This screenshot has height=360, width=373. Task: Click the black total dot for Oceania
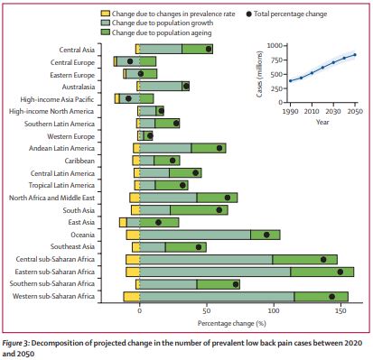click(x=266, y=235)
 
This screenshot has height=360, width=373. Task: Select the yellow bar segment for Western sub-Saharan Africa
click(x=132, y=297)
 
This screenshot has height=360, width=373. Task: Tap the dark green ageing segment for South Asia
click(x=199, y=210)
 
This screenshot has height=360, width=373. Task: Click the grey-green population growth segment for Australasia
click(x=161, y=87)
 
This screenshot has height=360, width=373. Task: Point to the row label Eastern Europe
click(x=72, y=75)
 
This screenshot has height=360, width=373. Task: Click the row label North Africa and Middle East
click(x=51, y=198)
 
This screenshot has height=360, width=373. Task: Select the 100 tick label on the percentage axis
click(x=274, y=310)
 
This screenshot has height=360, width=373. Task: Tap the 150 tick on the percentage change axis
click(x=340, y=310)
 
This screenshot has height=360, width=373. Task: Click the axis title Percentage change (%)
click(x=232, y=324)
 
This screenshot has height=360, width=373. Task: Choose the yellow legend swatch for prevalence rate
click(x=105, y=14)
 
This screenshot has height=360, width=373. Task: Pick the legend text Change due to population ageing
click(x=162, y=32)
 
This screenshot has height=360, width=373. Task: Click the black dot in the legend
click(x=249, y=14)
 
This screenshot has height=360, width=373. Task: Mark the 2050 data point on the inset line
click(x=355, y=55)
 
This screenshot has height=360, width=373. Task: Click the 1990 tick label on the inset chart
click(x=291, y=111)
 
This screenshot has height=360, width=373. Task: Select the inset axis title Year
click(x=322, y=122)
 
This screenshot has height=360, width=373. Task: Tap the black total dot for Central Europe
click(x=130, y=61)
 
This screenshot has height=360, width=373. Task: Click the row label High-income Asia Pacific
click(x=57, y=99)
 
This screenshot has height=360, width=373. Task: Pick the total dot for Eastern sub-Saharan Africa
click(x=340, y=272)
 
